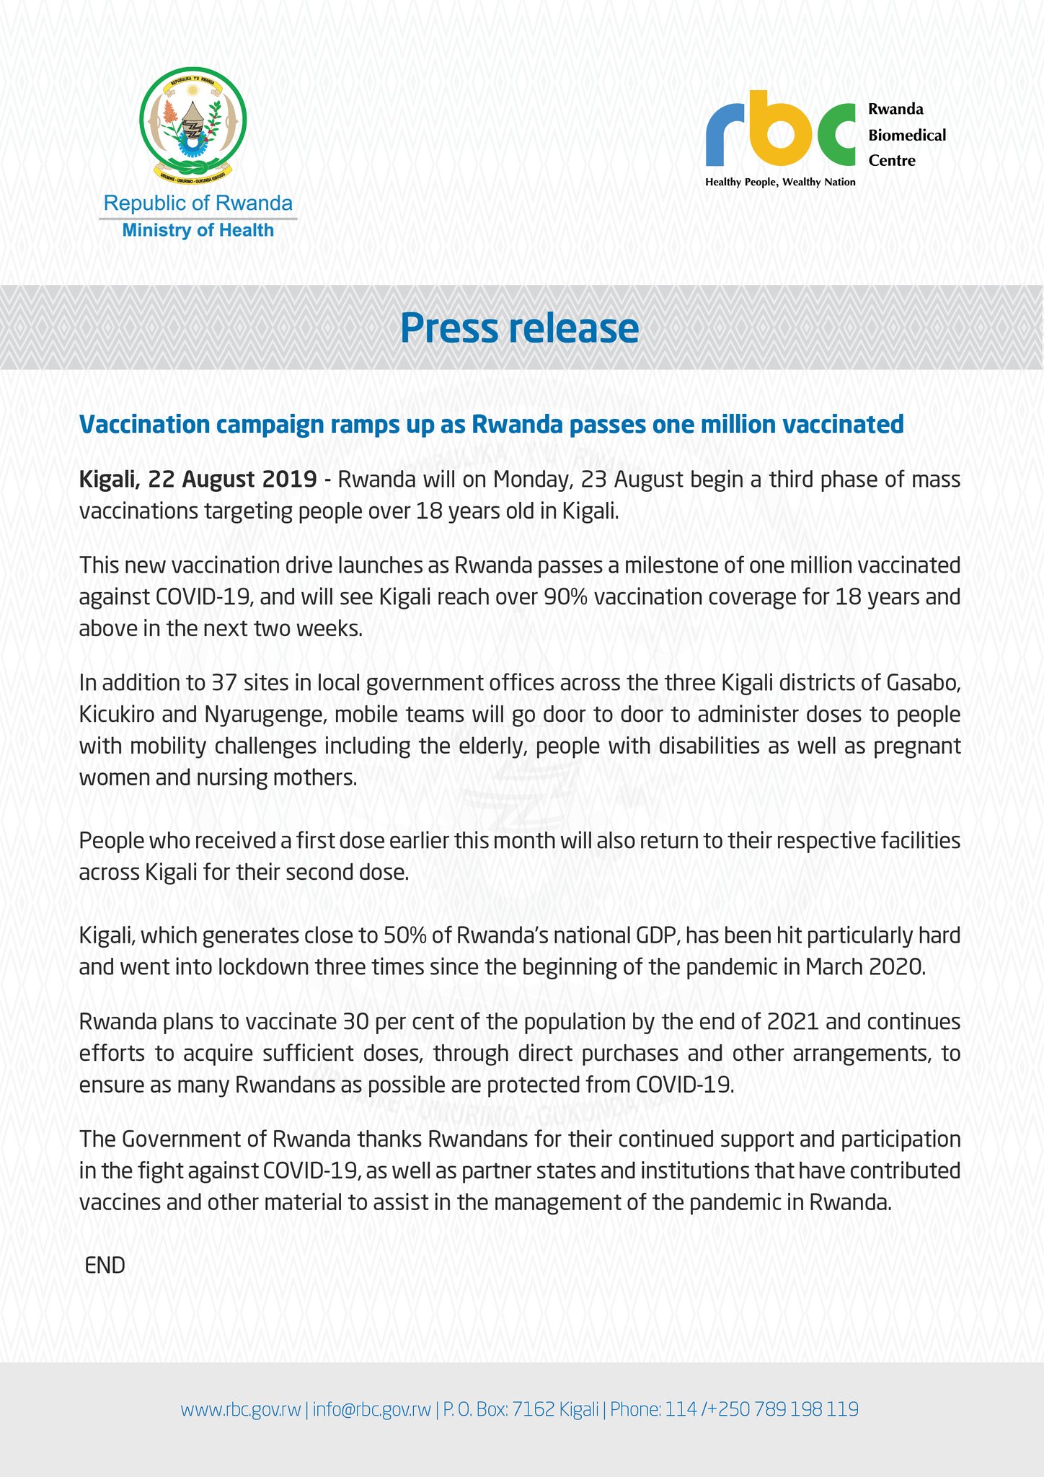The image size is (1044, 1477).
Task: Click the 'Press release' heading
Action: click(x=520, y=328)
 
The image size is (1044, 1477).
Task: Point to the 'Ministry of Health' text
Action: click(x=198, y=231)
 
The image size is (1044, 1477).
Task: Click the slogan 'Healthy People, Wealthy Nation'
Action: click(x=780, y=182)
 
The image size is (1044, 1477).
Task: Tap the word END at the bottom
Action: click(x=105, y=1266)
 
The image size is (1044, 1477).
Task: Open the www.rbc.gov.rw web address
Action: click(x=240, y=1409)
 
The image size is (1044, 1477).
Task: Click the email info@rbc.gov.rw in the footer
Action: click(x=372, y=1409)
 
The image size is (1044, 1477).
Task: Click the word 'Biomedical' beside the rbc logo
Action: click(x=907, y=135)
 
